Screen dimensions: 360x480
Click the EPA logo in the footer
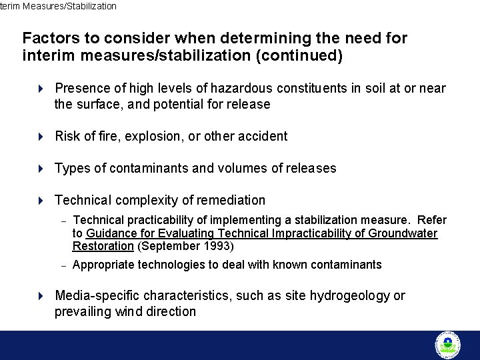(x=447, y=345)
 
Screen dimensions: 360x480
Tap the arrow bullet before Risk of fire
(x=40, y=136)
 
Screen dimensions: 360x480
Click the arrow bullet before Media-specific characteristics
(x=40, y=295)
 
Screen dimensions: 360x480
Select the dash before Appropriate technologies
(x=63, y=265)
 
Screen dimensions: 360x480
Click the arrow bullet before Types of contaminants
(x=40, y=168)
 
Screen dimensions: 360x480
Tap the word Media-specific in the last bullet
(x=96, y=295)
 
